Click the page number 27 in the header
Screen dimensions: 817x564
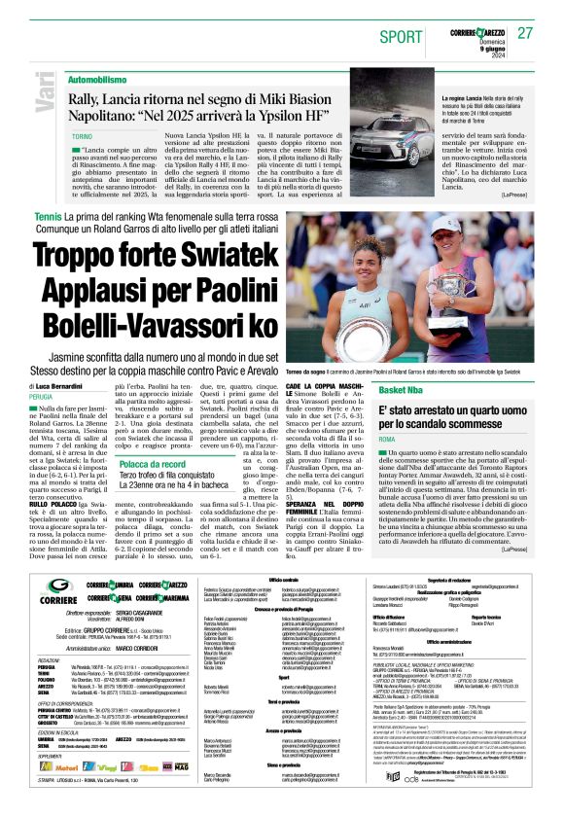(x=525, y=34)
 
